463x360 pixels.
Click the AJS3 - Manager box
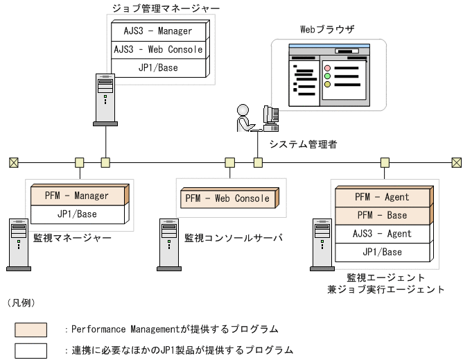pos(159,31)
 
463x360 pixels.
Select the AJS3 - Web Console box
pos(159,50)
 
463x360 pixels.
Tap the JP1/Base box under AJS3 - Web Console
pos(159,68)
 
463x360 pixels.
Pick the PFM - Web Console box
pos(227,199)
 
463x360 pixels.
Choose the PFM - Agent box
pos(382,197)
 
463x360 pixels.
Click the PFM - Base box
pos(382,215)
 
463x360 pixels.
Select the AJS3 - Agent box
pos(382,234)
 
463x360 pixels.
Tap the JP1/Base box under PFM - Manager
pos(77,214)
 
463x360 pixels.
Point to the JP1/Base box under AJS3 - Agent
pos(382,252)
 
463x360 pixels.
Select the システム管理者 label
pos(303,144)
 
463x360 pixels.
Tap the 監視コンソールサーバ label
pos(234,237)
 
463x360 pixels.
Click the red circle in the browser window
pos(327,68)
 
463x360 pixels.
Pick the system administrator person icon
pos(245,117)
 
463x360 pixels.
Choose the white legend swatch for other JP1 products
pos(31,350)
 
